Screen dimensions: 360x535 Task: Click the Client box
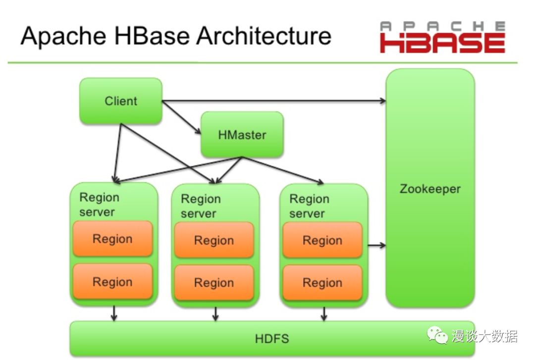click(121, 101)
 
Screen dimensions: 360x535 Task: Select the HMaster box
click(242, 135)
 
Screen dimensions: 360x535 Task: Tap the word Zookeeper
click(430, 189)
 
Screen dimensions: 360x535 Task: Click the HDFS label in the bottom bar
click(272, 339)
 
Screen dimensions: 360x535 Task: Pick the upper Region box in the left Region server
click(112, 239)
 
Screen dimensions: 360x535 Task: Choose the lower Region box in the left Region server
click(112, 282)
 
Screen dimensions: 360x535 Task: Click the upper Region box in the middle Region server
click(214, 240)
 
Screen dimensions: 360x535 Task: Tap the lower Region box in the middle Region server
click(214, 283)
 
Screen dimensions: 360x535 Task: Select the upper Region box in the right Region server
click(322, 240)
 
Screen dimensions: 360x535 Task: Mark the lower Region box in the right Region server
click(322, 283)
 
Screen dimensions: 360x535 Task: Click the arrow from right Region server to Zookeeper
click(376, 245)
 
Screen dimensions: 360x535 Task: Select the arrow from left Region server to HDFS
click(114, 313)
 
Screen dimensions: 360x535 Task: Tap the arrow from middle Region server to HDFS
click(215, 313)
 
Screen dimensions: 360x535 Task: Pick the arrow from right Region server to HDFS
click(324, 313)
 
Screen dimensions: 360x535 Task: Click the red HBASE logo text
click(442, 43)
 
